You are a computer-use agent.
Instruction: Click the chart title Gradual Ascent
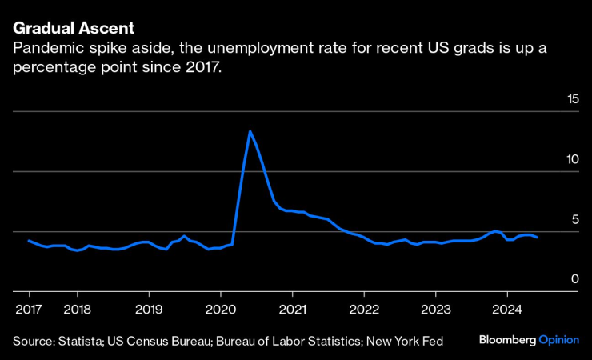click(x=67, y=29)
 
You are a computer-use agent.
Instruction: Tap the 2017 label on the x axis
click(x=28, y=309)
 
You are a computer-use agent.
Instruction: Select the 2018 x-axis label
click(x=77, y=309)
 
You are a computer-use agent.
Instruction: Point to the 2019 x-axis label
click(x=149, y=309)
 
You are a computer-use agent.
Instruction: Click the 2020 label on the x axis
click(x=221, y=309)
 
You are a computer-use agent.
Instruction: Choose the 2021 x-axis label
click(x=292, y=309)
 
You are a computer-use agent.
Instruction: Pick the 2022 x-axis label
click(x=364, y=309)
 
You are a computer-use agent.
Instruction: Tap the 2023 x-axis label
click(x=435, y=309)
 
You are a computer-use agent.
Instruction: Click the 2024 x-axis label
click(x=507, y=309)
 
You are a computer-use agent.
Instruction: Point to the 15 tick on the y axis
click(x=572, y=99)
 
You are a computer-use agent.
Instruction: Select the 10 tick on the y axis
click(x=572, y=159)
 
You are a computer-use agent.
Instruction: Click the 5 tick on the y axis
click(x=575, y=219)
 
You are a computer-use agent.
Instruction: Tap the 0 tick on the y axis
click(x=575, y=278)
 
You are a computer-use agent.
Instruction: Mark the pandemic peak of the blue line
click(x=250, y=131)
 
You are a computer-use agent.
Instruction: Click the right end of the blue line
click(x=537, y=238)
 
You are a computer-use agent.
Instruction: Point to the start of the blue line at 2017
click(x=29, y=241)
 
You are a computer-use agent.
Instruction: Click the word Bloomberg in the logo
click(x=506, y=340)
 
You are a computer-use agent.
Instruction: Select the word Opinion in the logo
click(x=558, y=340)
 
